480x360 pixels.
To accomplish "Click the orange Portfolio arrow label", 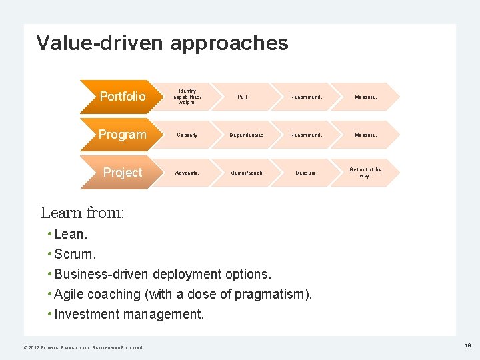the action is (x=122, y=97).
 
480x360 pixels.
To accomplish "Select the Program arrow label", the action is (x=122, y=135).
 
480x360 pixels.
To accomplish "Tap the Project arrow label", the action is (x=123, y=173).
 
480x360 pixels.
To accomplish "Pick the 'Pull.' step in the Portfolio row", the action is (x=243, y=97).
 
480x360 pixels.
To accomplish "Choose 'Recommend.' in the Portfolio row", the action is (x=306, y=97).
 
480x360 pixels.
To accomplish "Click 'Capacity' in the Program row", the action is (x=187, y=135).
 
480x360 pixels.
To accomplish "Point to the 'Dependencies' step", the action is (x=247, y=135).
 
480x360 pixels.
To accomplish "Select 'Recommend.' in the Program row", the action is (x=306, y=135).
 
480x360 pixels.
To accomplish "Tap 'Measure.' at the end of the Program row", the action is (x=365, y=135).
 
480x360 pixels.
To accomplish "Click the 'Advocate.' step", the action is (x=187, y=173).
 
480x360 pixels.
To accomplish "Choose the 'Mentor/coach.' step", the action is (x=247, y=173).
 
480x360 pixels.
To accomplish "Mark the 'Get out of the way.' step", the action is (x=365, y=173).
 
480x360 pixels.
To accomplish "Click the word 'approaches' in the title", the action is (x=229, y=43).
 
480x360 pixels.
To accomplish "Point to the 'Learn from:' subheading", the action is (x=83, y=213).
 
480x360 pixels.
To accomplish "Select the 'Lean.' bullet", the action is (x=71, y=234).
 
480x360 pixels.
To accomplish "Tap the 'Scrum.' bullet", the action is (x=75, y=254).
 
